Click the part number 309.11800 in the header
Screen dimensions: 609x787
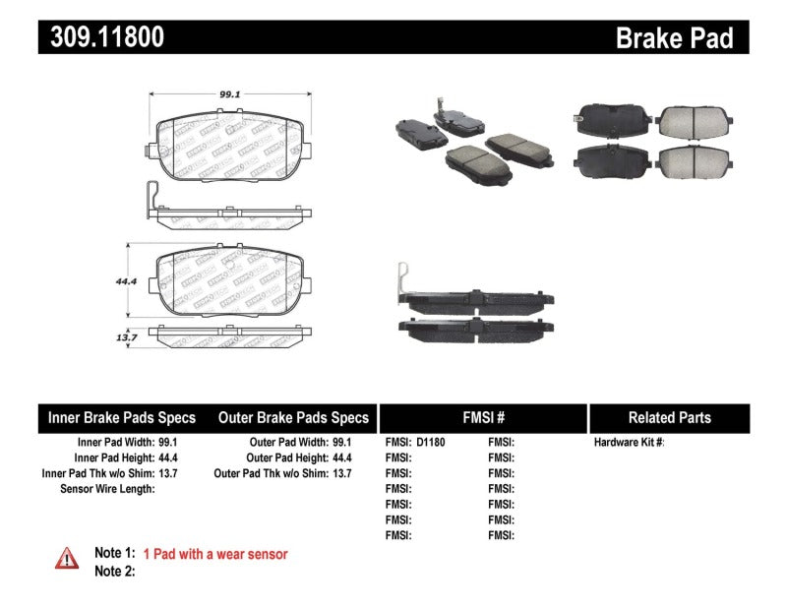pyautogui.click(x=102, y=36)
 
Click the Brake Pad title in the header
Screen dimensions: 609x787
pyautogui.click(x=674, y=37)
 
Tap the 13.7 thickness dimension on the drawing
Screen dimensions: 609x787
pyautogui.click(x=124, y=336)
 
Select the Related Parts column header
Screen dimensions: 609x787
pyautogui.click(x=669, y=417)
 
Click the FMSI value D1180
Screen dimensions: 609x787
pyautogui.click(x=430, y=443)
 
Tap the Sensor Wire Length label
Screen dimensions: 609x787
pyautogui.click(x=107, y=489)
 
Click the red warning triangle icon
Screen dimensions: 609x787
pyautogui.click(x=66, y=558)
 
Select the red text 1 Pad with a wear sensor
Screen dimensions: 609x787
pyautogui.click(x=215, y=554)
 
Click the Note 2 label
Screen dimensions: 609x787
pyautogui.click(x=114, y=571)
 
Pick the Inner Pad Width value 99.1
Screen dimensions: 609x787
pyautogui.click(x=172, y=443)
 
